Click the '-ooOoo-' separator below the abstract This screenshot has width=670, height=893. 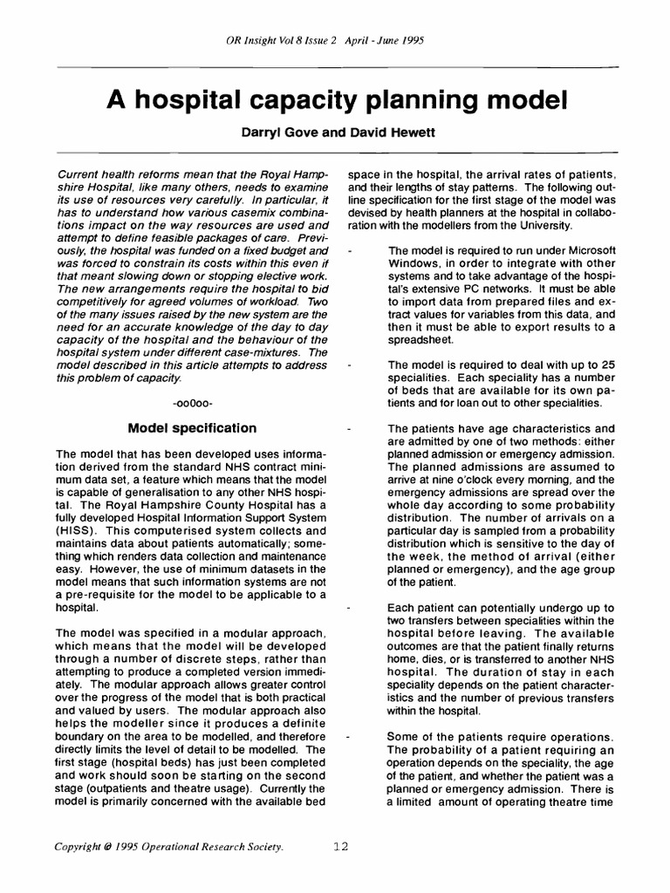pyautogui.click(x=193, y=404)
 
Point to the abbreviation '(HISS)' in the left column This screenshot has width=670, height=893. pyautogui.click(x=75, y=530)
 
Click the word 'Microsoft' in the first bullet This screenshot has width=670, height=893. pyautogui.click(x=583, y=250)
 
